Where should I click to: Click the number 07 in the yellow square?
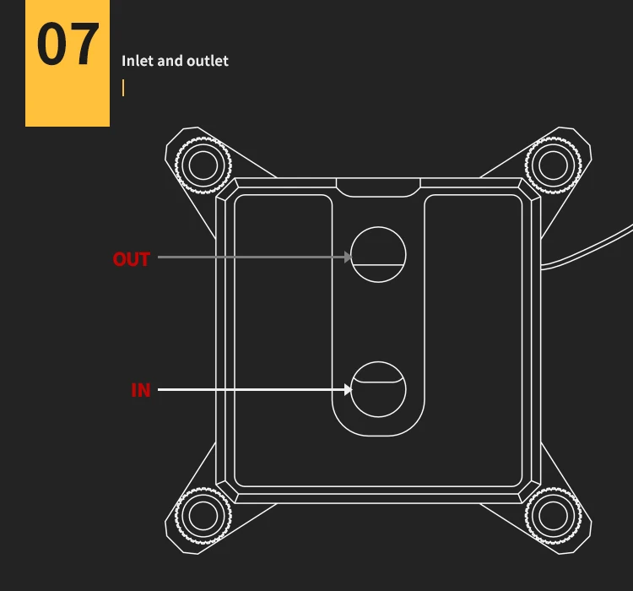click(68, 46)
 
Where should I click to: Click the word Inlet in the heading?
click(137, 61)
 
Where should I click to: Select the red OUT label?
click(131, 259)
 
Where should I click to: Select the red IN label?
click(140, 390)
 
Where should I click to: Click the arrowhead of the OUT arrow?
click(348, 257)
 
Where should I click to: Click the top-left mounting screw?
click(203, 164)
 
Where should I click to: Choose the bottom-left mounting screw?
click(203, 514)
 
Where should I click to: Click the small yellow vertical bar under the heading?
click(123, 88)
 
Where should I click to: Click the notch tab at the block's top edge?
click(378, 187)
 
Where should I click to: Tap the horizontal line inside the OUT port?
click(378, 264)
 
